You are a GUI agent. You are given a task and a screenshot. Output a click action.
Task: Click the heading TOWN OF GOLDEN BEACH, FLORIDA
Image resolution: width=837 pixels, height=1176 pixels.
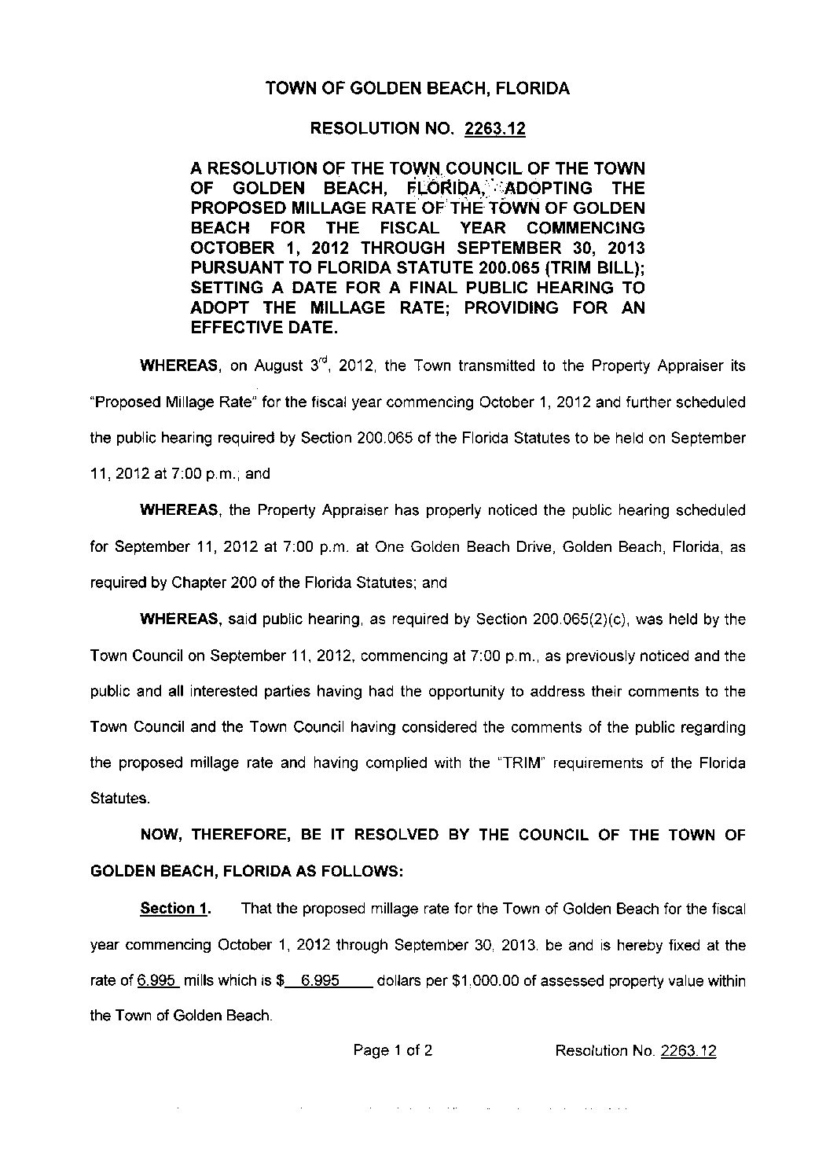point(417,89)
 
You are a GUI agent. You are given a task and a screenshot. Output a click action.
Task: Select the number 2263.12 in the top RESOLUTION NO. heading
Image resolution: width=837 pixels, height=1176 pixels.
point(494,129)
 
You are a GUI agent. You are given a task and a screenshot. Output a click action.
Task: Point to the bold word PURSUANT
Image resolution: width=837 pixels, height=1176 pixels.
point(235,268)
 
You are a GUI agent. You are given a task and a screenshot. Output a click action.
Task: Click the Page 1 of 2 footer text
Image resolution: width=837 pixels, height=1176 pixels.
point(393,1050)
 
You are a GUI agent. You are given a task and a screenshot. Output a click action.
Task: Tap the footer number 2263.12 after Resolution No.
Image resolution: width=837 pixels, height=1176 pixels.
point(688,1051)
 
